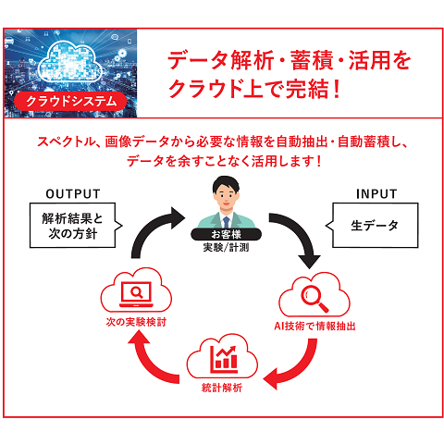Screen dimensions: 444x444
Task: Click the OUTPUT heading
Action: pyautogui.click(x=73, y=194)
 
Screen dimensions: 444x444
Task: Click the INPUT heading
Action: pyautogui.click(x=376, y=194)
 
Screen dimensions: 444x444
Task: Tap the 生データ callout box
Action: pyautogui.click(x=373, y=225)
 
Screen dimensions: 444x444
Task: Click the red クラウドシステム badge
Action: pyautogui.click(x=70, y=101)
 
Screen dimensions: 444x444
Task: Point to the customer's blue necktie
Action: pyautogui.click(x=227, y=222)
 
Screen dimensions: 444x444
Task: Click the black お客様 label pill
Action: pyautogui.click(x=226, y=234)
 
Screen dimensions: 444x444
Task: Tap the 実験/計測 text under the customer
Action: pyautogui.click(x=226, y=247)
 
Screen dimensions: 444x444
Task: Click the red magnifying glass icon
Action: pyautogui.click(x=314, y=299)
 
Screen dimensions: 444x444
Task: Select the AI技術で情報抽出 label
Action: pyautogui.click(x=314, y=326)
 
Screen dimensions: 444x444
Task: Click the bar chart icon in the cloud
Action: pyautogui.click(x=224, y=359)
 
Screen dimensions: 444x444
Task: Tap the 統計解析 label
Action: pyautogui.click(x=222, y=388)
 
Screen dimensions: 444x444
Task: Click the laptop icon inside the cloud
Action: pyautogui.click(x=136, y=294)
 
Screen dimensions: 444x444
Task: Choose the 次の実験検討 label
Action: pyautogui.click(x=136, y=322)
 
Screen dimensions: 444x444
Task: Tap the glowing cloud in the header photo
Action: pyautogui.click(x=70, y=61)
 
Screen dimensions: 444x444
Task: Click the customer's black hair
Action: pyautogui.click(x=226, y=182)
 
